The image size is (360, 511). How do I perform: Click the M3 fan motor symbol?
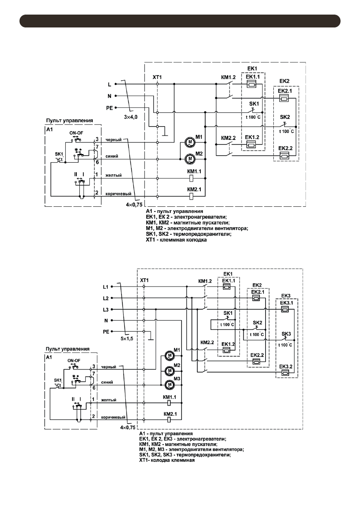tap(169, 384)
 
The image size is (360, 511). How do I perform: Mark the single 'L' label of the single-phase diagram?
tap(110, 85)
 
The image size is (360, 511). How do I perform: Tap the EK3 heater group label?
tap(286, 296)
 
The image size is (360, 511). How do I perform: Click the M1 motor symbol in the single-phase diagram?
tap(189, 142)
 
